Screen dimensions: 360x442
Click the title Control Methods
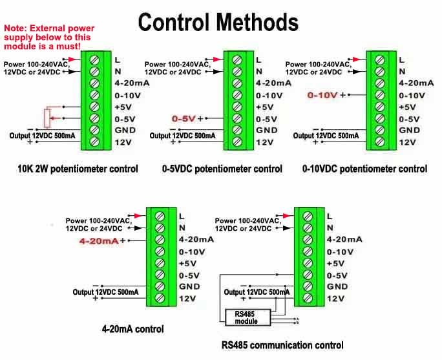[x=218, y=23]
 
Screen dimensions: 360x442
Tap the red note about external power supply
[x=50, y=37]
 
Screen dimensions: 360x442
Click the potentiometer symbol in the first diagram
[x=46, y=118]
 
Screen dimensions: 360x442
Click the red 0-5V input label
[x=184, y=119]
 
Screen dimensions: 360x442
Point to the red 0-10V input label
[x=322, y=95]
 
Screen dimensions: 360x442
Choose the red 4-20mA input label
[x=99, y=240]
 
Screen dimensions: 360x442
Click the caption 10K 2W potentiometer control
[x=78, y=169]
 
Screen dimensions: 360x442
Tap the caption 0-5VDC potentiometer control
[x=222, y=169]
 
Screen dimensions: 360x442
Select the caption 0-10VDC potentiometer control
[x=364, y=169]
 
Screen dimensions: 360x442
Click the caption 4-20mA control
[x=132, y=329]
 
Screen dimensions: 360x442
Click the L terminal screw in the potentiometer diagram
[x=94, y=59]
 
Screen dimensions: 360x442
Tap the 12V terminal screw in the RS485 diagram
[x=306, y=299]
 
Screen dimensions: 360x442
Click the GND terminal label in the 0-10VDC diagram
[x=408, y=131]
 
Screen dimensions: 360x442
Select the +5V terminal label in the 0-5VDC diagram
[x=264, y=107]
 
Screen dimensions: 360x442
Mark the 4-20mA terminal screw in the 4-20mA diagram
[x=158, y=240]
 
